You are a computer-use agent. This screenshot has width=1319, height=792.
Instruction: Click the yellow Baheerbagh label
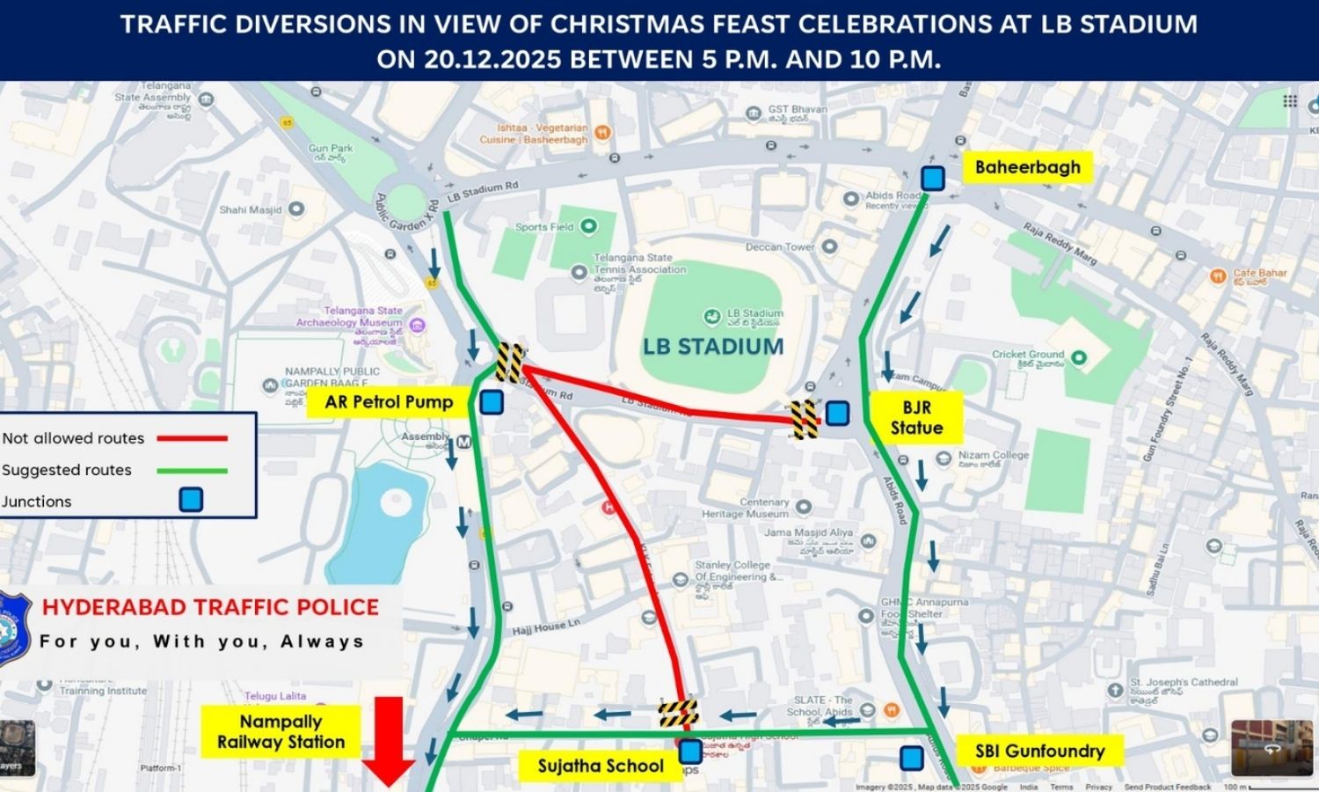point(1027,167)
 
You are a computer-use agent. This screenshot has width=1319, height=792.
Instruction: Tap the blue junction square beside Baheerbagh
point(932,178)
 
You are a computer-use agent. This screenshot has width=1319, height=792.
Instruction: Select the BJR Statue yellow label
point(916,417)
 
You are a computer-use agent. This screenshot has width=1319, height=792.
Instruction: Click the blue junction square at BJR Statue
point(837,413)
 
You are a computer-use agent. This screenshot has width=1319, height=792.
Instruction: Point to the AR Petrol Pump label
point(389,402)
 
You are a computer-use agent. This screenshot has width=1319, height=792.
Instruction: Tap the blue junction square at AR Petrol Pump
point(492,403)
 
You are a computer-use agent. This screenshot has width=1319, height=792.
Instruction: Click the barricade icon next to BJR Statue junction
point(804,419)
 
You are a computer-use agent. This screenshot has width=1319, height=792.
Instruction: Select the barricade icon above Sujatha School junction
point(679,713)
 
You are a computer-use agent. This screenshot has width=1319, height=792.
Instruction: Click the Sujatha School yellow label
point(601,766)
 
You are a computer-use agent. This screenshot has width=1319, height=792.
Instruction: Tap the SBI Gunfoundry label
point(1039,751)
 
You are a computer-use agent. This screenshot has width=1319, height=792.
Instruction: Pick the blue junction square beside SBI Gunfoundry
point(912,758)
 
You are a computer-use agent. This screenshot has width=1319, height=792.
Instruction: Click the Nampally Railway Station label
point(281,731)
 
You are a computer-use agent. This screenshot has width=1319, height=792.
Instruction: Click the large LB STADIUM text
point(713,347)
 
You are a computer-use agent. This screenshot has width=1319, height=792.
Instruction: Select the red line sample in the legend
point(192,438)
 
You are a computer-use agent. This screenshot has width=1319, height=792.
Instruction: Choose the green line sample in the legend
point(192,471)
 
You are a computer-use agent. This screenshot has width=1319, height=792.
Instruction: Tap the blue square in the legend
point(191,500)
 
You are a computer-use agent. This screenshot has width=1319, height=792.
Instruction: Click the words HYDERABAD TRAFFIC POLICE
point(210,607)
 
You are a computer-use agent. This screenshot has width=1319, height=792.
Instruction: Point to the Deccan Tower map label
point(780,247)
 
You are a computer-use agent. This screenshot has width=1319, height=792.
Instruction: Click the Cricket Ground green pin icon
point(1078,358)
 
